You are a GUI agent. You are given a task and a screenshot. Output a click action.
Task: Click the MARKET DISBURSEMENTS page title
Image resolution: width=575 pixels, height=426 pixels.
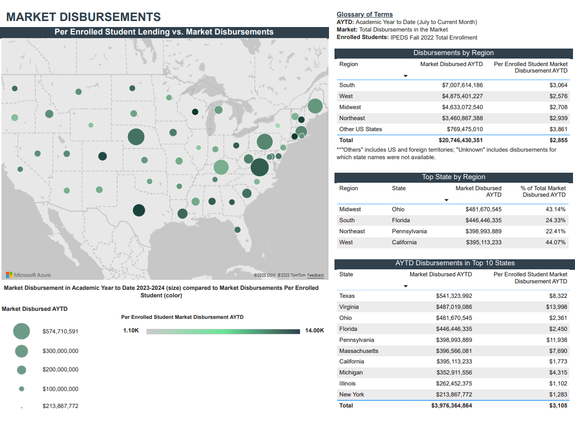[x=83, y=17]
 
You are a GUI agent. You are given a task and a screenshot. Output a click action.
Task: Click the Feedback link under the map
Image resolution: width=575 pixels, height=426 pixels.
[x=315, y=275]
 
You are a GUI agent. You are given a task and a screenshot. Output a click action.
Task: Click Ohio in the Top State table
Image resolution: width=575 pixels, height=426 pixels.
[x=398, y=209]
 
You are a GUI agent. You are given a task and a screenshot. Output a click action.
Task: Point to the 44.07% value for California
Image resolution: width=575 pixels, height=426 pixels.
[x=555, y=242]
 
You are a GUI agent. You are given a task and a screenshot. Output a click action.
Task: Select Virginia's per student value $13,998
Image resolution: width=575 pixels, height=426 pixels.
[x=556, y=307]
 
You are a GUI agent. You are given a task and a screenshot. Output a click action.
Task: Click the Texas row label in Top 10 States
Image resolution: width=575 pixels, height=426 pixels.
[x=347, y=296]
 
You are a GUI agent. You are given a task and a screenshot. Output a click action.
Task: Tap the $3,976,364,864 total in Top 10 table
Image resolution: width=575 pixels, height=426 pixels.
[x=451, y=405]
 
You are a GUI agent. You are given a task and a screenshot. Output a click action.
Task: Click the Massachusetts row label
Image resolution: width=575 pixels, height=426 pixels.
[x=358, y=351]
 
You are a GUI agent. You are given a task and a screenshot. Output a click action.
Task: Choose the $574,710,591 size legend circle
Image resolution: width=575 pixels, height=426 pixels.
[x=21, y=331]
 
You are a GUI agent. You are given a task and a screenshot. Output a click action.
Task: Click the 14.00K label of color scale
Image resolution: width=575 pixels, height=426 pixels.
[x=314, y=330]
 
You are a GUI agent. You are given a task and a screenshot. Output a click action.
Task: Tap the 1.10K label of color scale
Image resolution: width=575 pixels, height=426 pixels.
[x=130, y=330]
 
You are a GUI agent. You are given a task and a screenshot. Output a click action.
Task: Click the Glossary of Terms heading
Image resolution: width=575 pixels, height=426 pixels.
[x=364, y=15]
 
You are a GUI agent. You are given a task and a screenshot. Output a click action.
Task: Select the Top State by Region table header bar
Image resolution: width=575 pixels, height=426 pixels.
[x=453, y=177]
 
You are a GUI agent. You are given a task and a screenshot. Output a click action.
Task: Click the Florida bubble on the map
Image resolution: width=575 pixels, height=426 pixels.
[x=237, y=230]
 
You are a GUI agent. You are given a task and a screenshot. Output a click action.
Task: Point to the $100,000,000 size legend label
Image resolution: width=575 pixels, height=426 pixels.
[x=60, y=389]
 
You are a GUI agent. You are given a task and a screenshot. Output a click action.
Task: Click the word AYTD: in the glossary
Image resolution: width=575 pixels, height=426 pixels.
[x=345, y=22]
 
